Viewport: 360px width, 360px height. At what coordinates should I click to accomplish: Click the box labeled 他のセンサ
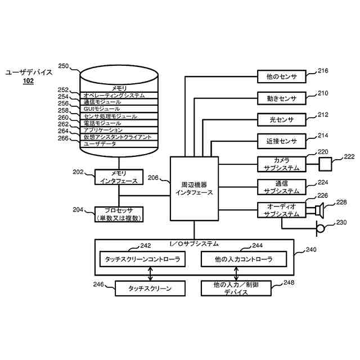tap(281, 76)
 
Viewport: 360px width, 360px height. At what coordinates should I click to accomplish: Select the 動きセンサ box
tap(281, 98)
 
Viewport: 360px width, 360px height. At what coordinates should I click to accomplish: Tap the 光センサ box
tap(281, 120)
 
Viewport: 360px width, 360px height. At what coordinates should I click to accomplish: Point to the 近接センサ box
tap(281, 141)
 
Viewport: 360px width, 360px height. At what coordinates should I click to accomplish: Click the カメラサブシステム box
tap(281, 164)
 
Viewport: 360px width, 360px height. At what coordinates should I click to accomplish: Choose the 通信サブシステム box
tap(281, 187)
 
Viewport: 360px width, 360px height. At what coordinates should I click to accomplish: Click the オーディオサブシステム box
tap(281, 210)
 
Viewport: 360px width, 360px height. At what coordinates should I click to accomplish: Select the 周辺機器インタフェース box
tap(194, 189)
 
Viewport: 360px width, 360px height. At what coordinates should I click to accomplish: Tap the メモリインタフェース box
tap(119, 177)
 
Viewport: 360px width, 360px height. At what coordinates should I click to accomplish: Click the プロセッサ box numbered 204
tap(119, 214)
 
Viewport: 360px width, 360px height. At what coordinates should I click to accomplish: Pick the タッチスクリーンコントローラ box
tap(142, 259)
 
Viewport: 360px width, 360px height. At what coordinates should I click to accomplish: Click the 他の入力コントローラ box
tap(244, 259)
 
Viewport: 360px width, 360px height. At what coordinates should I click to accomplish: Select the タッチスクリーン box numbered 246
tap(150, 289)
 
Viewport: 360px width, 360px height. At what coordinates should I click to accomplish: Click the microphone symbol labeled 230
tap(320, 229)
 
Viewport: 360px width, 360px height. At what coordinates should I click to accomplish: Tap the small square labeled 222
tap(325, 164)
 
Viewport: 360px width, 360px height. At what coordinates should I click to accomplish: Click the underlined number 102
tap(28, 81)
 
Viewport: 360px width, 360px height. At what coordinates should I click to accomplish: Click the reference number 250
tap(64, 66)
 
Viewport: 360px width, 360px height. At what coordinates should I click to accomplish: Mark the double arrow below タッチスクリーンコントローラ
tap(150, 274)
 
